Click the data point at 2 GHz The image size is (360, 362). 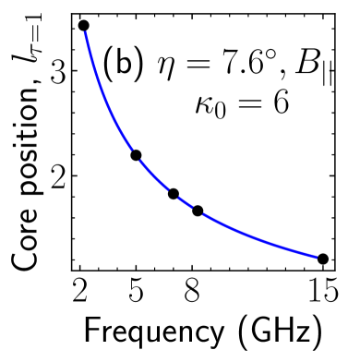(83, 26)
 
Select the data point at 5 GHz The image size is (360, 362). (136, 155)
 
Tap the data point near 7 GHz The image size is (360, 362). (174, 194)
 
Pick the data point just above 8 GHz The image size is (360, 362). (198, 211)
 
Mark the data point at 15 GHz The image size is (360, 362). (322, 259)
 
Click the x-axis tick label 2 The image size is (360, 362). (80, 295)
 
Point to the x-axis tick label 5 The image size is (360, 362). (136, 295)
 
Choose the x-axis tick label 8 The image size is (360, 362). (191, 295)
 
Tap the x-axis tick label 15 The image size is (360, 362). (320, 295)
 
